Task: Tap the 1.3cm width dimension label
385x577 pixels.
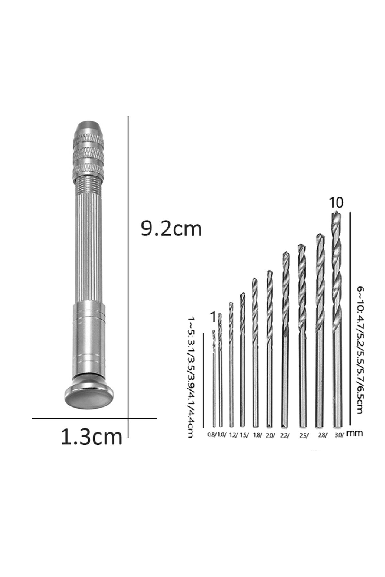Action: click(x=92, y=437)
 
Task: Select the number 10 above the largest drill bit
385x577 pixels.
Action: click(x=336, y=203)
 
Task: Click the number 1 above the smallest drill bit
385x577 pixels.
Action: click(x=213, y=317)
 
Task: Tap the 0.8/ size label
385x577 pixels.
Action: click(x=212, y=435)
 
